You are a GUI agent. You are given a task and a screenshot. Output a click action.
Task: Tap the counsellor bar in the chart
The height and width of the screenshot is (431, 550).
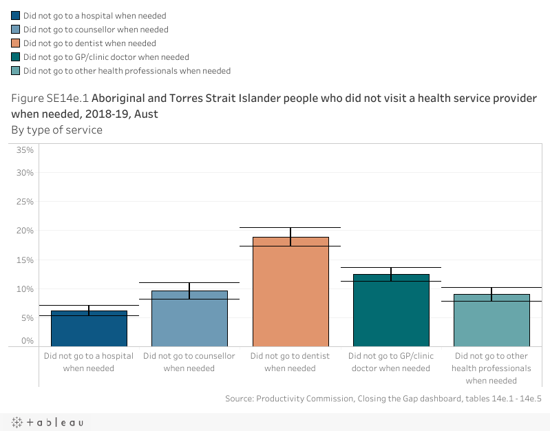tap(189, 318)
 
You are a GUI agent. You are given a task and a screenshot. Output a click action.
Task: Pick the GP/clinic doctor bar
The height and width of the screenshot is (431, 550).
tap(390, 310)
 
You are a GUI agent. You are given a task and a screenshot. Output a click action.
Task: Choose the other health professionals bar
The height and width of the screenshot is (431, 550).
tap(491, 320)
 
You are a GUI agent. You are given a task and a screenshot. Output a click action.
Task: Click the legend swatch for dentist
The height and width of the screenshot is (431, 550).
tap(16, 43)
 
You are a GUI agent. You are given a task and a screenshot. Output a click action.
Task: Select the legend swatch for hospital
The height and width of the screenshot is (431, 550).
tap(16, 16)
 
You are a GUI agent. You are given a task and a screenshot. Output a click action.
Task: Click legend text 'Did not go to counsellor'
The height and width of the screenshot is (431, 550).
tap(96, 30)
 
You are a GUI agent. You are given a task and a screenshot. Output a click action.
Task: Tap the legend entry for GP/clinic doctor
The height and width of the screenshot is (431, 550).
tap(106, 57)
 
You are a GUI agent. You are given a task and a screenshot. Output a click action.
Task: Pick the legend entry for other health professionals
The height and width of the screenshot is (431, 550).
tap(127, 71)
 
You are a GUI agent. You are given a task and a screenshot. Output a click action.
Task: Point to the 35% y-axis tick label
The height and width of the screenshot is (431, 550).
tap(25, 150)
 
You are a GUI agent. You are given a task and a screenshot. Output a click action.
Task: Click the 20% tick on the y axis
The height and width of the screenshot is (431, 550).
tap(25, 231)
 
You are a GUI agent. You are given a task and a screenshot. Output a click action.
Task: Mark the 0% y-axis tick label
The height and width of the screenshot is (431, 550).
tap(28, 341)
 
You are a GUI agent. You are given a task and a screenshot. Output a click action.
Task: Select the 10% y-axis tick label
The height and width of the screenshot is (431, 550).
tap(25, 289)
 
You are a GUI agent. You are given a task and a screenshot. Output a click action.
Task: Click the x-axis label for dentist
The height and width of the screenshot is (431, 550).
tap(290, 362)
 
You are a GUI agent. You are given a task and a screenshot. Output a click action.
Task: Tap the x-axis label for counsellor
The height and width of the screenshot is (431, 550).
tap(189, 362)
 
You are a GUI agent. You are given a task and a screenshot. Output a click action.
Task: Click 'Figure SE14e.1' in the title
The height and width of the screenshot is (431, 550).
tap(50, 98)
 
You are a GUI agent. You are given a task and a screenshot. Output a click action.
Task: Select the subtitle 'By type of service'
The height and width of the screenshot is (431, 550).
tap(56, 129)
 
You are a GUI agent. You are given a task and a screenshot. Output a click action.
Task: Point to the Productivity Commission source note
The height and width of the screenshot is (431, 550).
tap(383, 399)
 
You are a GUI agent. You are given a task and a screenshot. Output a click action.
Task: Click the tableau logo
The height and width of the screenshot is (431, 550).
tap(47, 422)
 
